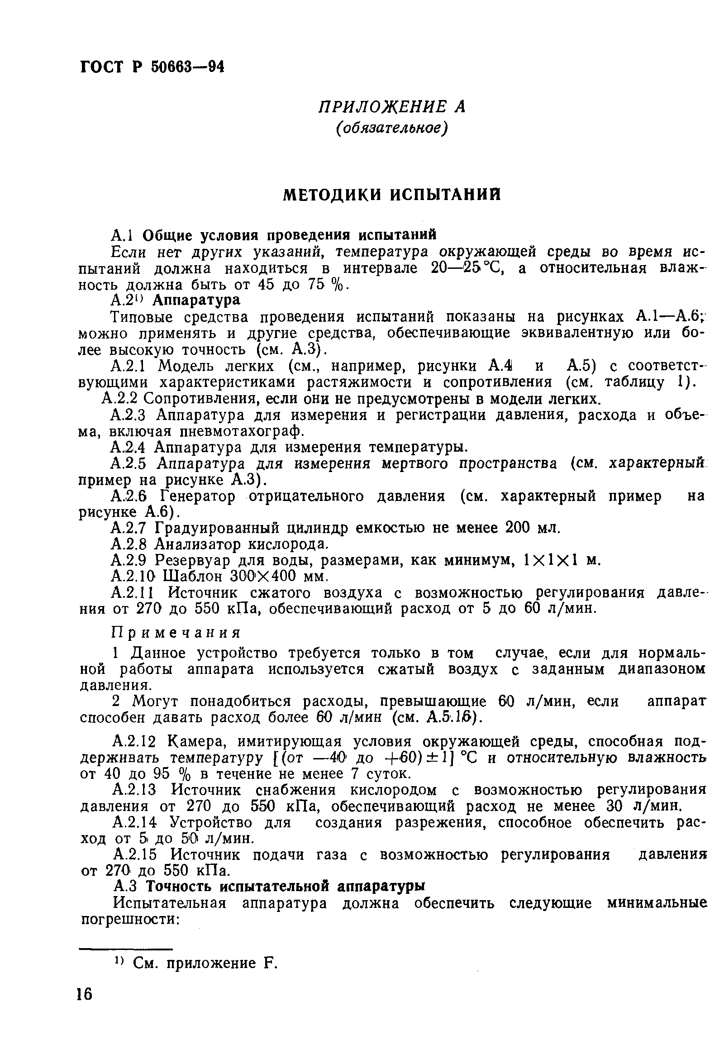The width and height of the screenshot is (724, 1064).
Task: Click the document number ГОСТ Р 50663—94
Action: click(152, 67)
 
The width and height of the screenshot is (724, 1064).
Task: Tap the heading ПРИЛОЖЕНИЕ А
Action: click(391, 107)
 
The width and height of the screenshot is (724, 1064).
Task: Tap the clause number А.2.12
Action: click(135, 741)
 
